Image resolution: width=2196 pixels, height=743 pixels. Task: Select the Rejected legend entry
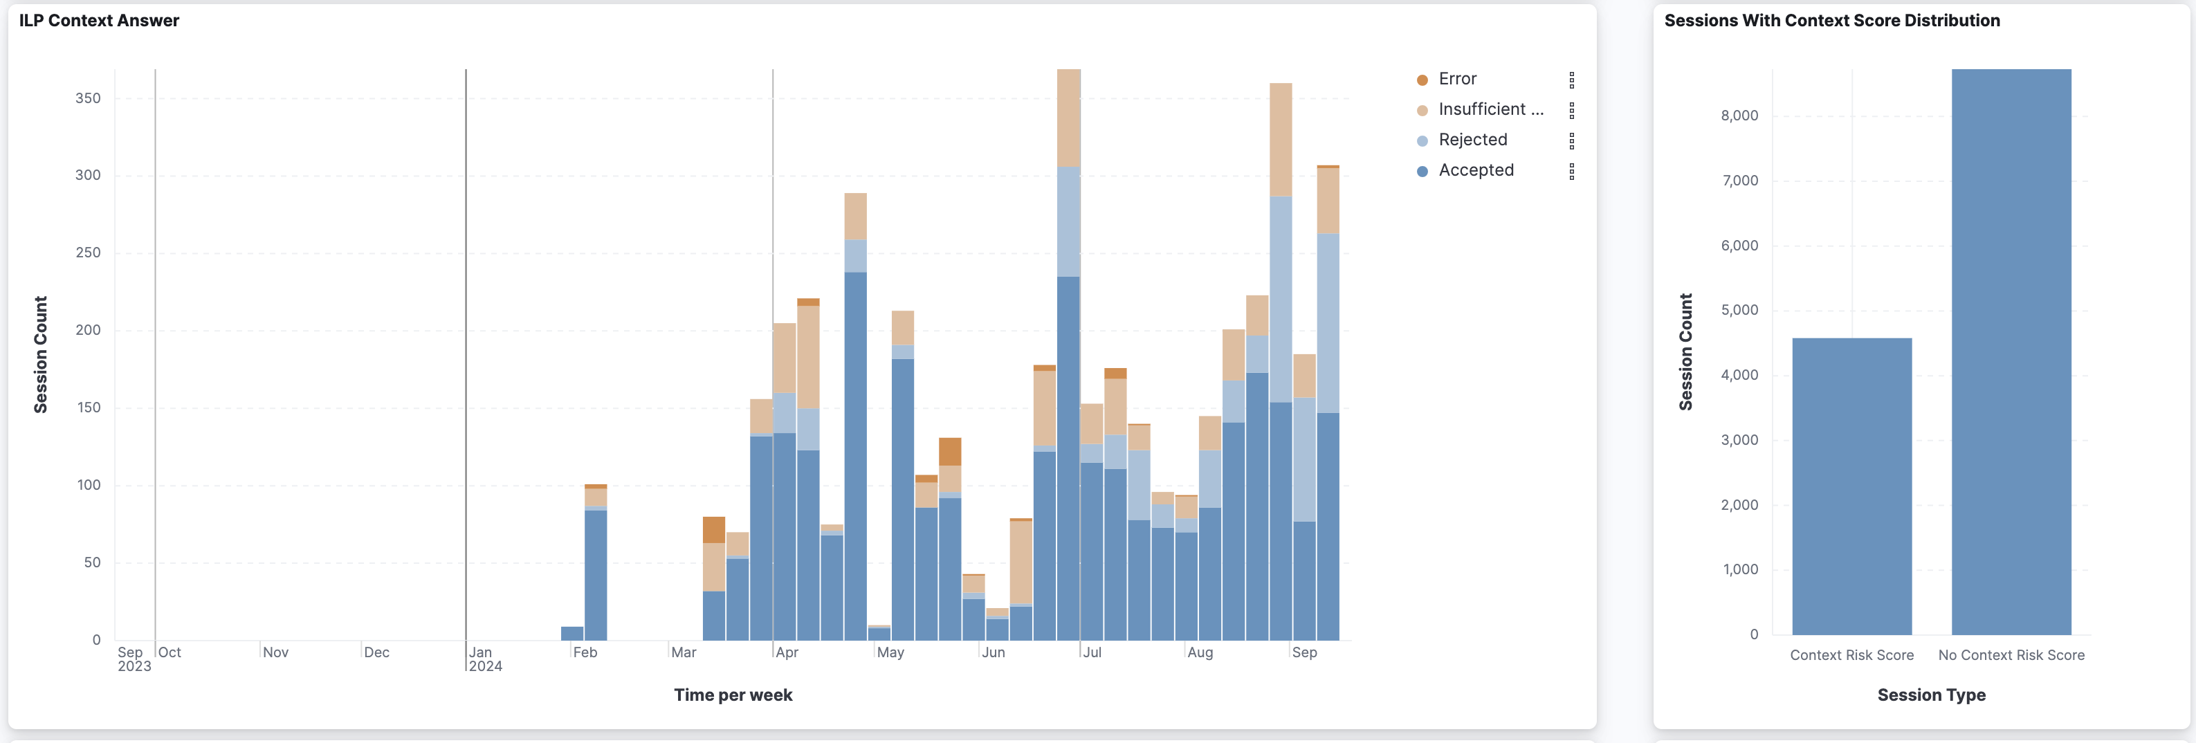click(x=1472, y=140)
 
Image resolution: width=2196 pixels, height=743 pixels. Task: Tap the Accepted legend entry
click(x=1476, y=170)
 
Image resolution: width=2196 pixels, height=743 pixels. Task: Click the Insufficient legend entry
click(x=1490, y=110)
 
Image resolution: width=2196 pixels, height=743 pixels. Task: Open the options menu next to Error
click(x=1571, y=80)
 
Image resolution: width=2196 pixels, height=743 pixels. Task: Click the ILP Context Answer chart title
click(x=99, y=21)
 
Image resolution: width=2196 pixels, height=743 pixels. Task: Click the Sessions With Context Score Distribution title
click(x=1831, y=21)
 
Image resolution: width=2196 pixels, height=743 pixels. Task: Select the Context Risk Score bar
click(x=1851, y=486)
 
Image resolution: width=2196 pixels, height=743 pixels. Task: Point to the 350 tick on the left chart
click(x=88, y=98)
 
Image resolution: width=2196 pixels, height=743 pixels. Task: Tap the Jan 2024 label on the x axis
click(x=484, y=659)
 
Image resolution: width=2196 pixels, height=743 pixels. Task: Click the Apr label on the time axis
click(x=787, y=652)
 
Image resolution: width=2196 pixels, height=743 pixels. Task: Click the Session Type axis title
click(x=1931, y=695)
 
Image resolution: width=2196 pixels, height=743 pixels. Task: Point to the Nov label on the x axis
click(x=275, y=652)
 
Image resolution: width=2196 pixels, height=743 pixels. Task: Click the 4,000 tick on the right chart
click(x=1739, y=375)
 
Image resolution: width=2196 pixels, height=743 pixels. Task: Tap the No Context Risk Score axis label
click(x=2011, y=655)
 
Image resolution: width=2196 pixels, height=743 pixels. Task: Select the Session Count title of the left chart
click(x=40, y=354)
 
